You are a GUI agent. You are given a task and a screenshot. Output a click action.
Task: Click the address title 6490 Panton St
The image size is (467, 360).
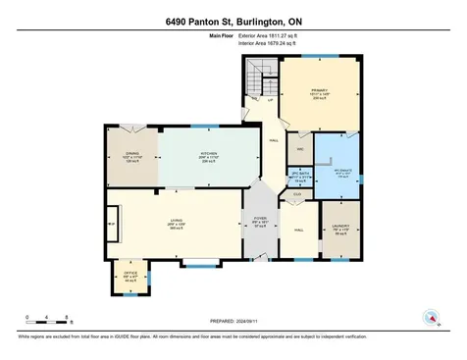tap(233, 23)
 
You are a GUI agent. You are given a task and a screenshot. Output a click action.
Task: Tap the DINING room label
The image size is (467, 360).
tap(132, 154)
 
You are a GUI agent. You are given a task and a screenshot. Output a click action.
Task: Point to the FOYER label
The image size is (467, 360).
tap(260, 221)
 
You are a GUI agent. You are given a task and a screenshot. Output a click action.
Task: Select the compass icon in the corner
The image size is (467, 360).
tap(429, 318)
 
